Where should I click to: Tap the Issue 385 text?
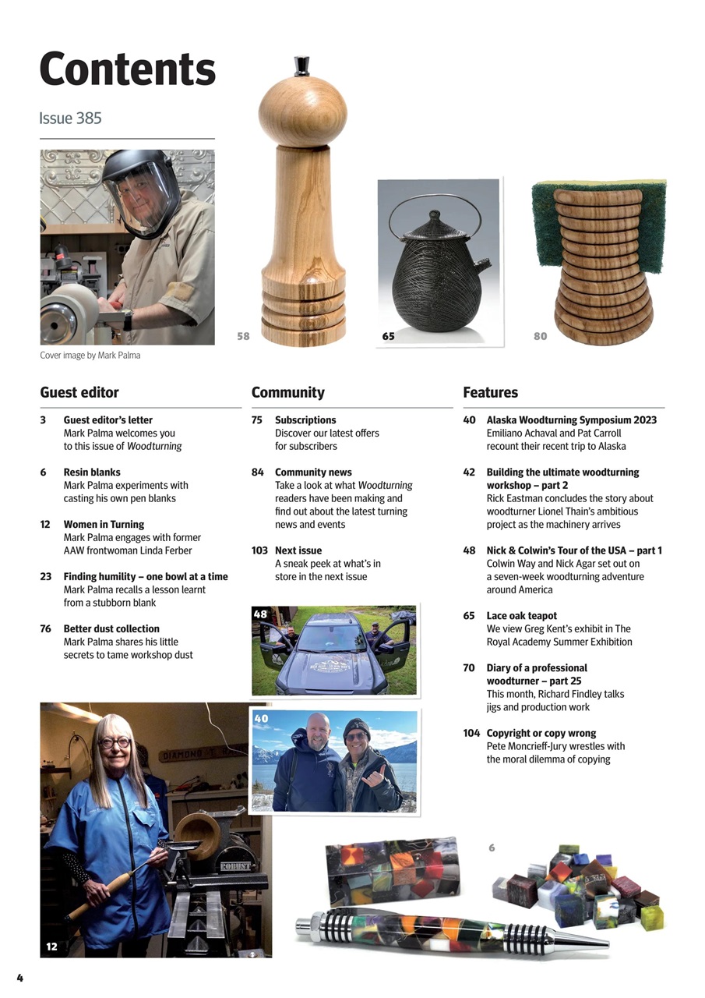click(x=70, y=119)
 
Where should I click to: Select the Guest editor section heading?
click(x=79, y=392)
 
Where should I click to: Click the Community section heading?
click(x=287, y=392)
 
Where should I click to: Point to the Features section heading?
click(x=490, y=392)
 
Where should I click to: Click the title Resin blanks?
click(x=92, y=472)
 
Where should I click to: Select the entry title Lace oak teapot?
click(x=521, y=615)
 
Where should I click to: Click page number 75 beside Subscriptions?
click(x=256, y=419)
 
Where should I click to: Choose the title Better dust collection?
click(x=111, y=628)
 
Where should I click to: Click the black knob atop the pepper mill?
click(x=301, y=65)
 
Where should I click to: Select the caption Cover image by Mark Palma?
click(x=90, y=356)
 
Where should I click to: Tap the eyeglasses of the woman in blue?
click(x=115, y=743)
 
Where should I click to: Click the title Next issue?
click(x=298, y=550)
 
